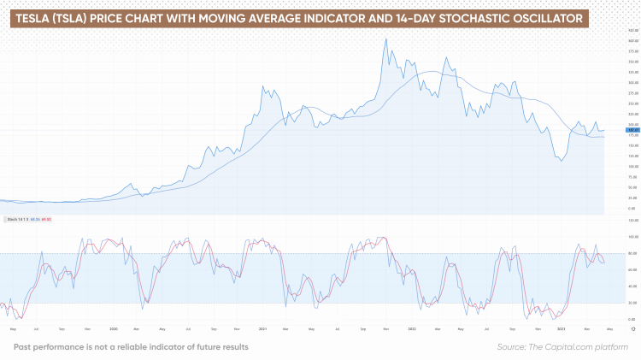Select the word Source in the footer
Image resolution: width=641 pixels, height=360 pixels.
(511, 346)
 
